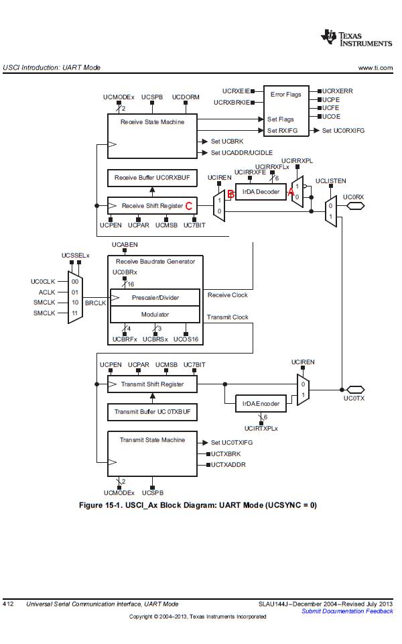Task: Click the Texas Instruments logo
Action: [356, 38]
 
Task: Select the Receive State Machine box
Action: [152, 136]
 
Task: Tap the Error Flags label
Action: [285, 95]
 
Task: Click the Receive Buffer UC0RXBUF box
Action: [152, 178]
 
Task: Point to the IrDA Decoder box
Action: [261, 192]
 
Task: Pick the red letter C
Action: [189, 206]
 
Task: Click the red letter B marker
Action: [231, 195]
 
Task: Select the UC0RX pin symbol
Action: [355, 206]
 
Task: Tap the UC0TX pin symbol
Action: [355, 389]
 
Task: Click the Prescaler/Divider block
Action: [155, 297]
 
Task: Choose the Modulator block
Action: [155, 315]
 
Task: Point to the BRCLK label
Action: [95, 303]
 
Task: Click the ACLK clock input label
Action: [47, 292]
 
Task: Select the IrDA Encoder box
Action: [261, 404]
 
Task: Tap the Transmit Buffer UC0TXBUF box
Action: [152, 412]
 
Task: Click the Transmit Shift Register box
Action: [152, 384]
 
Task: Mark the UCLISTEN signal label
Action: [330, 181]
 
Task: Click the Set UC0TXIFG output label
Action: [232, 443]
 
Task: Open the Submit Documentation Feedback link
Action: [347, 611]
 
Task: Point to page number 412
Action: [8, 604]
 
